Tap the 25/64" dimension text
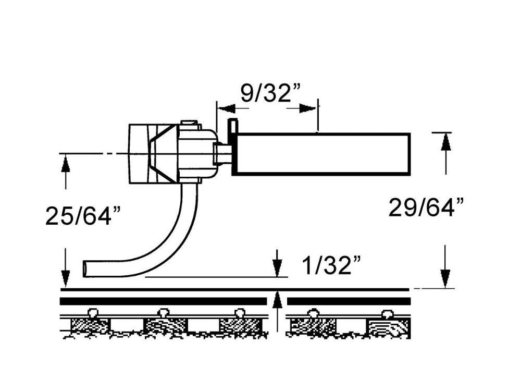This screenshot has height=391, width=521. [x=83, y=216]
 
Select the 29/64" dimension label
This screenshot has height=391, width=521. [x=426, y=208]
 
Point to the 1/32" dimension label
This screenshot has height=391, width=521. [x=331, y=265]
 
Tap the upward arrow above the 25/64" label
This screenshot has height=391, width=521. [x=66, y=172]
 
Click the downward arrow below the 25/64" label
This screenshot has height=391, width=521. [x=66, y=267]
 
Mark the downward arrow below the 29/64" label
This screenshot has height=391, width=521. [x=445, y=266]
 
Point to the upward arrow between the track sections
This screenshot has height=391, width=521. [x=277, y=311]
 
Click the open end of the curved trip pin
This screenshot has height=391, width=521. [x=85, y=268]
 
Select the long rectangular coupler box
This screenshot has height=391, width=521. [x=321, y=154]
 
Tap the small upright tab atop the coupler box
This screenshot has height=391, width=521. [x=232, y=127]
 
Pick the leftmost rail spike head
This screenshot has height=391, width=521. [x=93, y=312]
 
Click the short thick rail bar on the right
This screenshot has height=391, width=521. [x=349, y=301]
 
